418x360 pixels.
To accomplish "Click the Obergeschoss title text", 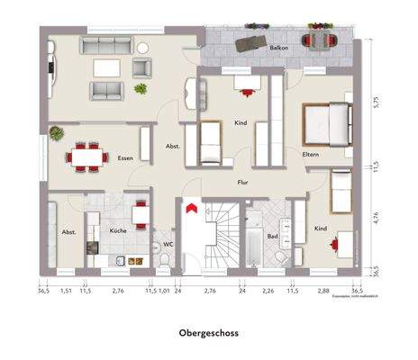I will coord(209,332).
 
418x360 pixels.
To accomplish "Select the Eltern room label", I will coord(311,155).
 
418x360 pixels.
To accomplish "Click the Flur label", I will coord(242,182).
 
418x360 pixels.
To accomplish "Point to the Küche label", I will coord(118,231).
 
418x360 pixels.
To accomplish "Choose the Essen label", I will coord(125,157).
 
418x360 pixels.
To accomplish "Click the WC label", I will coord(168,243).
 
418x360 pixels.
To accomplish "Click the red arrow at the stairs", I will coord(189,208).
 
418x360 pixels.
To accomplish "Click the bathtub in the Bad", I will coord(253,238).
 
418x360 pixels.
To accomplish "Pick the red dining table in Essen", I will coord(86,155).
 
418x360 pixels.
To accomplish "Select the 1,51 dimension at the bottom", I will coord(66,291).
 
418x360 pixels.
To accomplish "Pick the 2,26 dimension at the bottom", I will coord(268,291).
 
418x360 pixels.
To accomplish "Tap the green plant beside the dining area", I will coord(56,133).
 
